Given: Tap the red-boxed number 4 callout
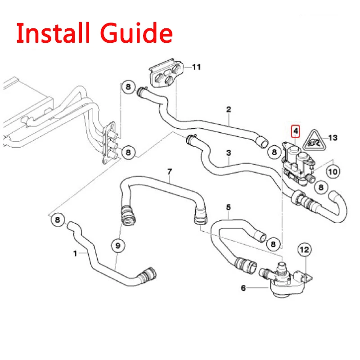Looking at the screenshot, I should tap(295, 131).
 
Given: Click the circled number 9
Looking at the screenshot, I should tap(118, 245).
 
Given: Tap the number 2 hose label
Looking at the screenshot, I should tap(229, 109).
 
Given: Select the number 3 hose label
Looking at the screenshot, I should tap(229, 153).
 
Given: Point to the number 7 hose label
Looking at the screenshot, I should tap(170, 171).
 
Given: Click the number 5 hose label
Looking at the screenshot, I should tap(229, 207).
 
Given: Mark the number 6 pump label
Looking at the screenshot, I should tap(243, 288).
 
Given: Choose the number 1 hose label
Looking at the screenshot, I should tap(75, 253).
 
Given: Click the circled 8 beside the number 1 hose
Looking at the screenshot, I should tap(57, 220).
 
